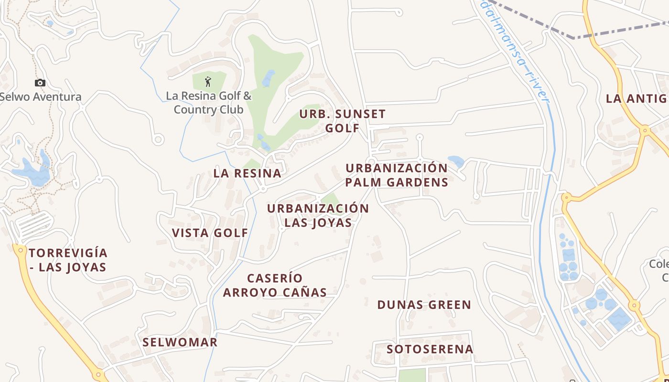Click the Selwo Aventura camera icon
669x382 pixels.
(40, 83)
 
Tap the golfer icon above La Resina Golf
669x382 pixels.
(207, 82)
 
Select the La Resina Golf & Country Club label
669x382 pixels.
(208, 103)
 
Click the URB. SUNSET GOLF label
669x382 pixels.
(342, 121)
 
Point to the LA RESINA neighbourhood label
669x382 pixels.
(248, 173)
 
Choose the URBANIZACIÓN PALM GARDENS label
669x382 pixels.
(397, 175)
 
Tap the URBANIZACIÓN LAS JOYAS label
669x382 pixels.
(318, 215)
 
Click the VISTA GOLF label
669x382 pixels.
(210, 233)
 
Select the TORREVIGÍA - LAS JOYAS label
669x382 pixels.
(68, 260)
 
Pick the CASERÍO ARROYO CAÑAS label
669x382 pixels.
(275, 285)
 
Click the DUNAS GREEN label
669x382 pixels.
(424, 305)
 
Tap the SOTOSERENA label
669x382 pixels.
(430, 349)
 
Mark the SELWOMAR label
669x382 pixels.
(180, 342)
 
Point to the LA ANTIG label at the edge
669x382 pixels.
(637, 99)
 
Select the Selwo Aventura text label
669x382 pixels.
(41, 97)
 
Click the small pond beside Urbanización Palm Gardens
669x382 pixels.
(456, 161)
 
